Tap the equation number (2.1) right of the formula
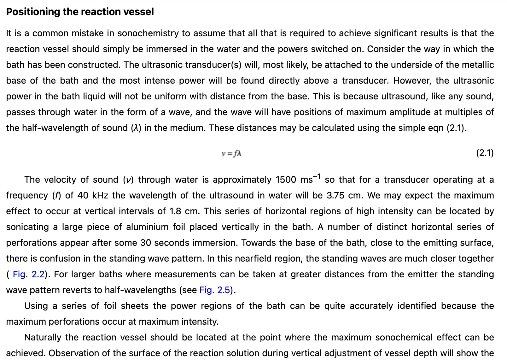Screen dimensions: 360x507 (485, 153)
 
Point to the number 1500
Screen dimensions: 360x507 (286, 180)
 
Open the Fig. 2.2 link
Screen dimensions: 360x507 (28, 274)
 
